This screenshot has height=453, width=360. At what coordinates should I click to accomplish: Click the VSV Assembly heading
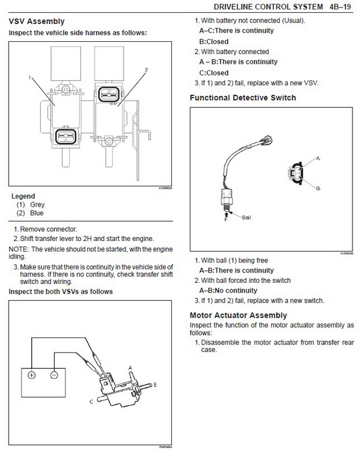click(x=35, y=22)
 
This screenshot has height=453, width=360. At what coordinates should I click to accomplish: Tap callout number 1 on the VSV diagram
click(x=28, y=77)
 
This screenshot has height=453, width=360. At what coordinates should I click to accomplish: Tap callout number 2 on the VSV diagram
click(x=146, y=70)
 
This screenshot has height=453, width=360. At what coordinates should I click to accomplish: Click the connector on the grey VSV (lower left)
click(x=64, y=137)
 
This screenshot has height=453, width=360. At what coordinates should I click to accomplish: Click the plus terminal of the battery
click(x=31, y=375)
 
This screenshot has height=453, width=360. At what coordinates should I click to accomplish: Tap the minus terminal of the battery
click(x=54, y=375)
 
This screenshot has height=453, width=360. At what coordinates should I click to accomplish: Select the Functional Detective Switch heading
click(x=243, y=98)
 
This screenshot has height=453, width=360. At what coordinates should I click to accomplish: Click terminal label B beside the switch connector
click(x=318, y=188)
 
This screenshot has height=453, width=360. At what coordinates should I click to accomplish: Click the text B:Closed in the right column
click(x=214, y=41)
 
